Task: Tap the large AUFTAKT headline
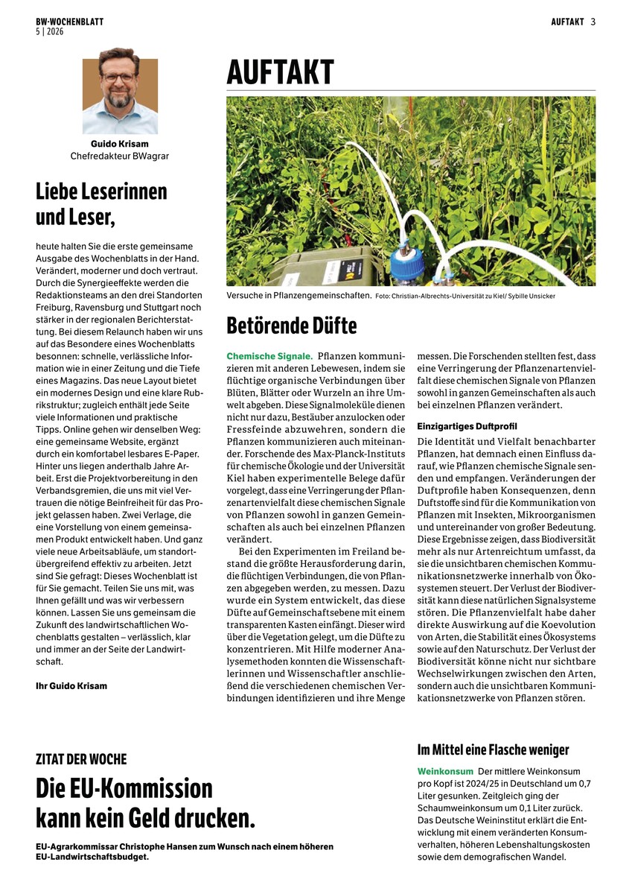click(x=281, y=74)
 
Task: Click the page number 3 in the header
click(x=593, y=22)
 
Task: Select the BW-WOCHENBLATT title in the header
click(x=69, y=22)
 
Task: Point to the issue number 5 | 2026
click(x=50, y=31)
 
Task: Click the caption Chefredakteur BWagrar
click(x=120, y=156)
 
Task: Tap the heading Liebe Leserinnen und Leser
click(x=101, y=203)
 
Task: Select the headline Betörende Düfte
click(x=292, y=326)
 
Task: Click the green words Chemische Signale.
click(x=269, y=356)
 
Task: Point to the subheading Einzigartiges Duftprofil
click(x=467, y=425)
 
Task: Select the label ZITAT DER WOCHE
click(x=81, y=759)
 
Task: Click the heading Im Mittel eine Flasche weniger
click(x=493, y=749)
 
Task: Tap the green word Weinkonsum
click(x=445, y=771)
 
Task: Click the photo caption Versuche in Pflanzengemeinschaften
click(x=299, y=296)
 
